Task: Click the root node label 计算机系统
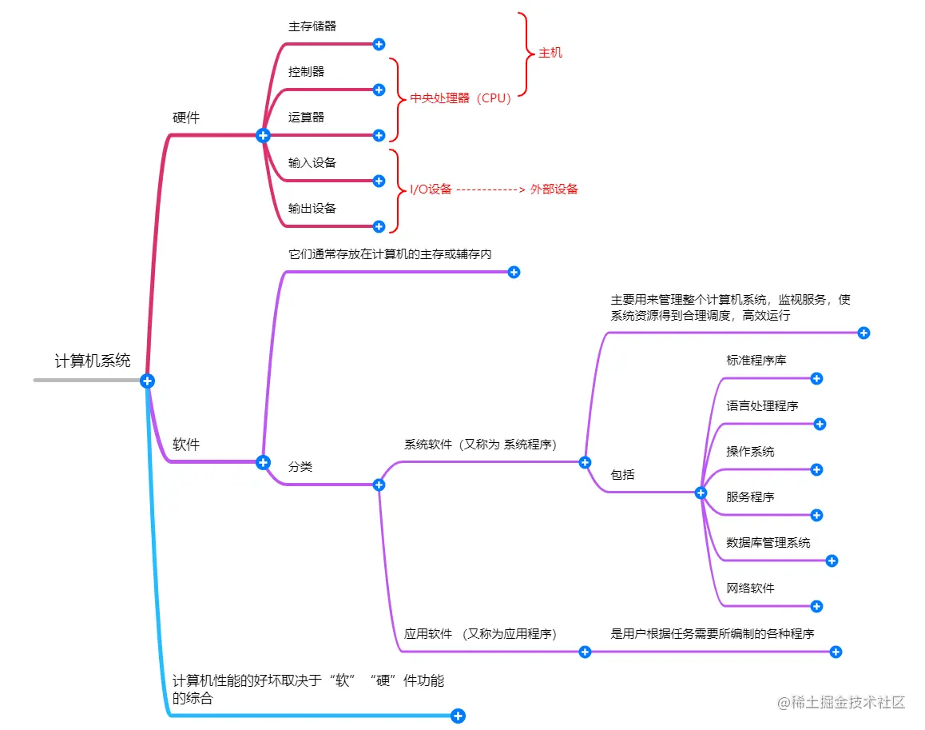pyautogui.click(x=93, y=361)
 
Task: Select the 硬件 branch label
pyautogui.click(x=186, y=118)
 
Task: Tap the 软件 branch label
pyautogui.click(x=186, y=445)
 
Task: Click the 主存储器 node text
pyautogui.click(x=312, y=26)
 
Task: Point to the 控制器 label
pyautogui.click(x=307, y=72)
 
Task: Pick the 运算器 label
pyautogui.click(x=307, y=118)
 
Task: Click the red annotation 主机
pyautogui.click(x=550, y=53)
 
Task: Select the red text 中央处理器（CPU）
pyautogui.click(x=460, y=98)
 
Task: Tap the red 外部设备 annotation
pyautogui.click(x=554, y=189)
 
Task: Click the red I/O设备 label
pyautogui.click(x=431, y=189)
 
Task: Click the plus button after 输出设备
pyautogui.click(x=379, y=226)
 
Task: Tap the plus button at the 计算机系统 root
pyautogui.click(x=147, y=381)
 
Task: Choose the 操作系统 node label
pyautogui.click(x=750, y=452)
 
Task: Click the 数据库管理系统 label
pyautogui.click(x=768, y=543)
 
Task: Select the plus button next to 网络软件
pyautogui.click(x=816, y=606)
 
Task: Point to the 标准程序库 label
pyautogui.click(x=756, y=361)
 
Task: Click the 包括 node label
pyautogui.click(x=623, y=475)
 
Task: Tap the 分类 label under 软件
pyautogui.click(x=300, y=467)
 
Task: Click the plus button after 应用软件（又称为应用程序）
pyautogui.click(x=585, y=652)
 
